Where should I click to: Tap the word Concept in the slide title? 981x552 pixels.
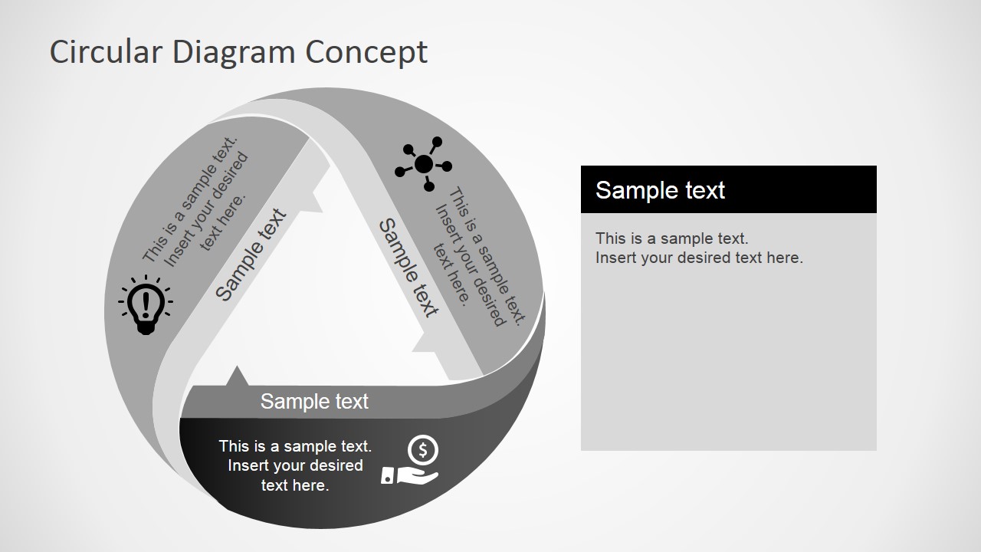tap(366, 52)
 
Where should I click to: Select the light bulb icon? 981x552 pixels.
tap(146, 304)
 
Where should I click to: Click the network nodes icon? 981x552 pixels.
tap(423, 163)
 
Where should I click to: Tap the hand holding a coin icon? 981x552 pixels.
tap(412, 461)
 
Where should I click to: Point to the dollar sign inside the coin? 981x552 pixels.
tap(423, 449)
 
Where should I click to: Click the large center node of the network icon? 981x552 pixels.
tap(423, 164)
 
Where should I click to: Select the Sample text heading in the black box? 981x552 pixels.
tap(660, 190)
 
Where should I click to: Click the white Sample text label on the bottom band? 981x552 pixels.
tap(314, 401)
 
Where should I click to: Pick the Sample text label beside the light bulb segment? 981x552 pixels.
tap(251, 255)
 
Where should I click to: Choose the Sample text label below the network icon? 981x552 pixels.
tap(409, 268)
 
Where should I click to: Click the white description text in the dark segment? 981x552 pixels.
tap(295, 465)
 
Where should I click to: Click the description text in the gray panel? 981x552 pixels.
tap(698, 248)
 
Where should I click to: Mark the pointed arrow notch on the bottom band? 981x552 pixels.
tap(237, 376)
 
